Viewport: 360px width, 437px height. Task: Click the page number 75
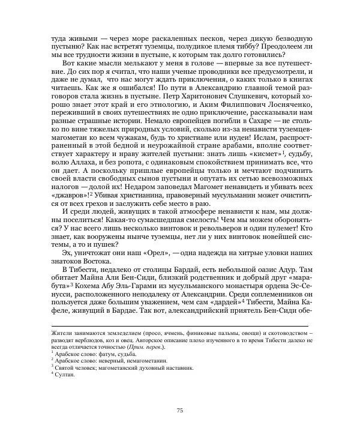tap(179, 410)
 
